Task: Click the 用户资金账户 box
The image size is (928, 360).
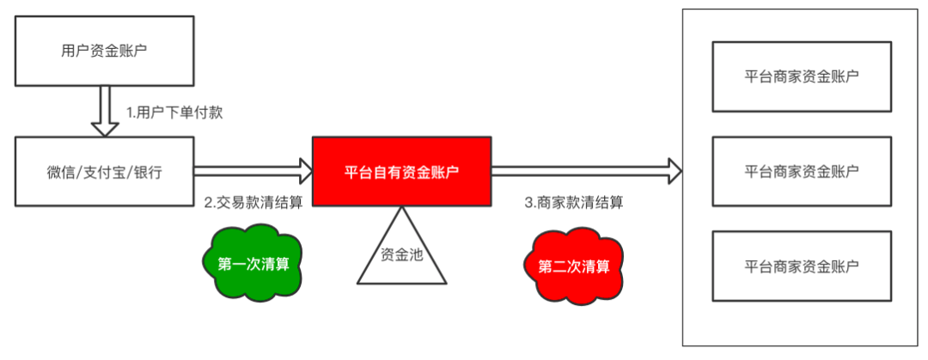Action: click(104, 51)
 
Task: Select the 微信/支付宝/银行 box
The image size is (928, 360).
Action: click(104, 172)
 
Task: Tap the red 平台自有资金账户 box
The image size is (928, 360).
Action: click(401, 172)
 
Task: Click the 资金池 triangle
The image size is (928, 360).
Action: click(401, 258)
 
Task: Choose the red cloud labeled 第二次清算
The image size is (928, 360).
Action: click(573, 265)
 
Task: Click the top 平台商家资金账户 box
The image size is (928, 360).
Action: click(801, 76)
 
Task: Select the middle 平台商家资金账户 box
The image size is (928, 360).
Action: click(801, 170)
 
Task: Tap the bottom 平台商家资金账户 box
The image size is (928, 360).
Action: click(801, 265)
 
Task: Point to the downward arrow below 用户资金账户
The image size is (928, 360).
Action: click(105, 113)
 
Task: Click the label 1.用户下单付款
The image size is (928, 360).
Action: click(175, 113)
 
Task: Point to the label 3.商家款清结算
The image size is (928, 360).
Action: click(573, 204)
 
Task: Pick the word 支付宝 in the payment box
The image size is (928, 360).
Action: click(104, 172)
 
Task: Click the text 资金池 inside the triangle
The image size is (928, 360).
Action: click(401, 254)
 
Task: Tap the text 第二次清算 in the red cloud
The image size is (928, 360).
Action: click(573, 265)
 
